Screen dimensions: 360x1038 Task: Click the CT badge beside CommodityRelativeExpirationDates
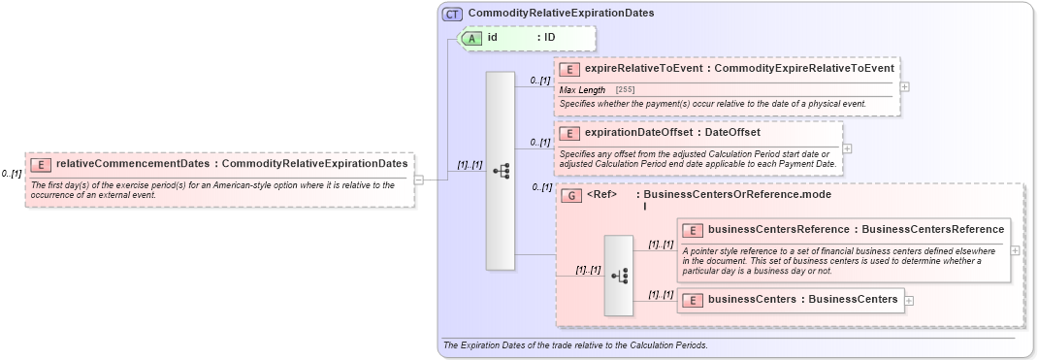(452, 14)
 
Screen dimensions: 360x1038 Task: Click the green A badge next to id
(471, 38)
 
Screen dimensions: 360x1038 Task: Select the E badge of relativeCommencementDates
(41, 165)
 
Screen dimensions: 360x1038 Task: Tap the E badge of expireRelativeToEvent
(569, 69)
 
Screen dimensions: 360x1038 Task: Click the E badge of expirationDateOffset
(569, 133)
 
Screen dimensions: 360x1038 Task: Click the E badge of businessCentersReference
(693, 230)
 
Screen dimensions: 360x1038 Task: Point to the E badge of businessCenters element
(693, 300)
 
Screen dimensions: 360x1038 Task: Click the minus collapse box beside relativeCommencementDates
(419, 180)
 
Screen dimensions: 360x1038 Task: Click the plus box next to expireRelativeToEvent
(905, 86)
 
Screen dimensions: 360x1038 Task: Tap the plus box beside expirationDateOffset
(847, 148)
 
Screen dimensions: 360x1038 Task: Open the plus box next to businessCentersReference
(1015, 249)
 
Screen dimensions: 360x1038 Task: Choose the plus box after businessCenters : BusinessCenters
(909, 300)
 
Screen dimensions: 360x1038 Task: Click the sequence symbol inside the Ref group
(618, 276)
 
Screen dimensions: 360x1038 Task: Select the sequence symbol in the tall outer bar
(501, 171)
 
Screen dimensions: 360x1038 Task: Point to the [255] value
(626, 90)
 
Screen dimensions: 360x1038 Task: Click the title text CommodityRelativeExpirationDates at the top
(561, 14)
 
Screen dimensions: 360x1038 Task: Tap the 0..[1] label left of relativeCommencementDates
(12, 174)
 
